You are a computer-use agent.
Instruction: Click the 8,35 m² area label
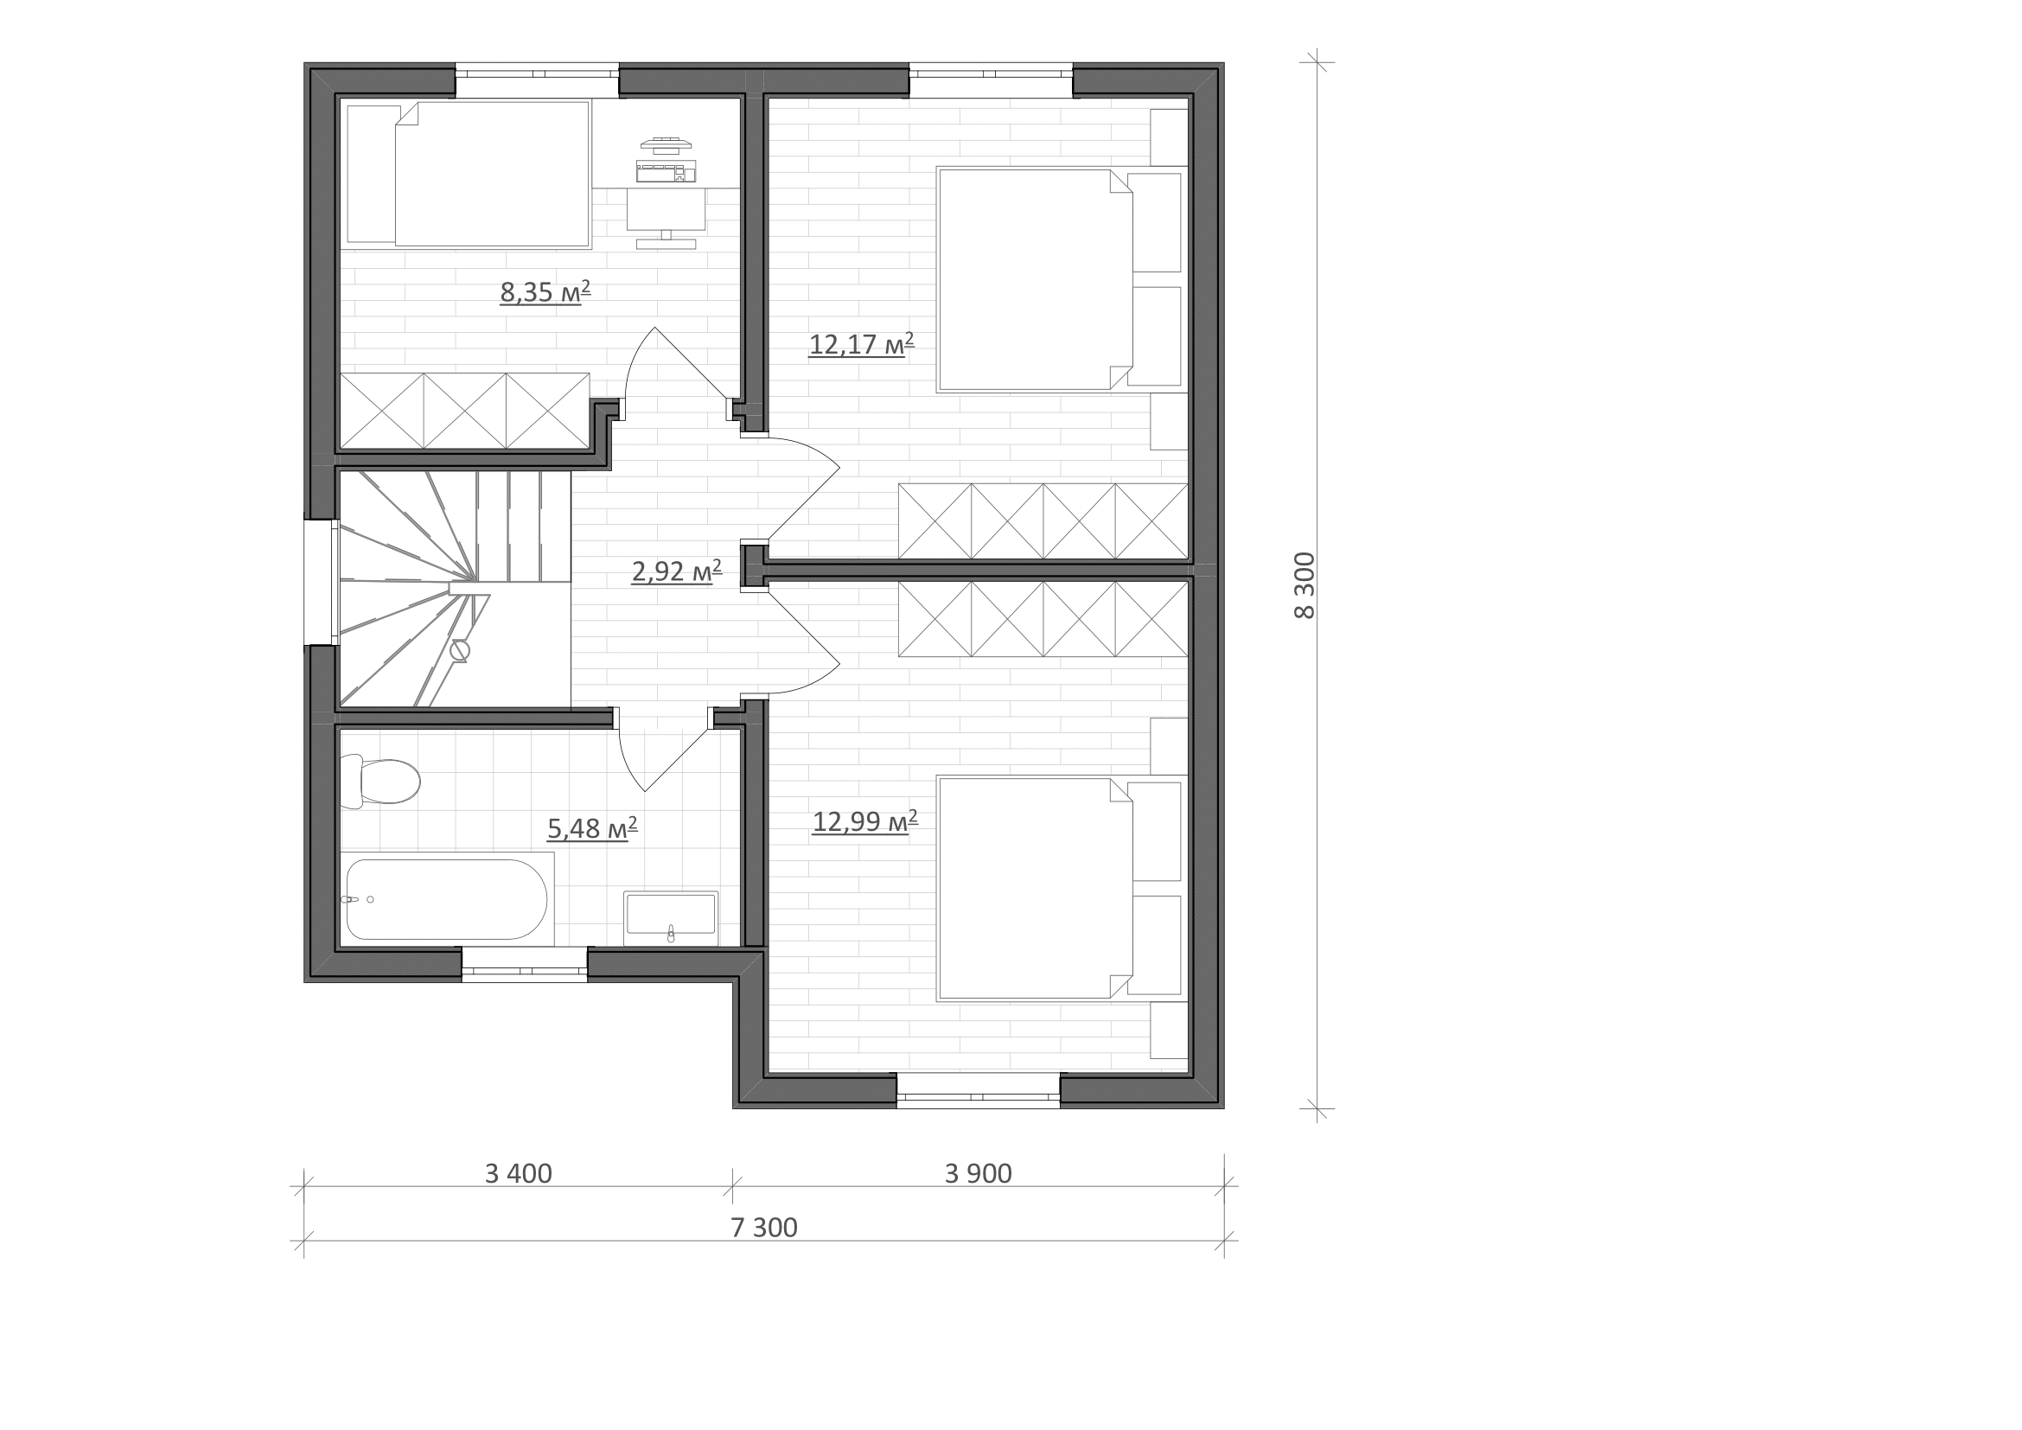(x=545, y=291)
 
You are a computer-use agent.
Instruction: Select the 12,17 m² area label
(x=861, y=343)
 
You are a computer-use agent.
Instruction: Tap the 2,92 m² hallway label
(x=676, y=571)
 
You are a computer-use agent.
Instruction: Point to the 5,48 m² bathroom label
(x=592, y=827)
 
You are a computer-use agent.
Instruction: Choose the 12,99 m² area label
(x=864, y=821)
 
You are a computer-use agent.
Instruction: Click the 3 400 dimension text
(x=518, y=1174)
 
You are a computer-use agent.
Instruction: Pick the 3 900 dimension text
(x=978, y=1174)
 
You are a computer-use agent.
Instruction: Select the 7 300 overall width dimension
(x=763, y=1228)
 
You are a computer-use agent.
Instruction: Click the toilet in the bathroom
(x=380, y=781)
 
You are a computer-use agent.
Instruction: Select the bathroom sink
(x=670, y=917)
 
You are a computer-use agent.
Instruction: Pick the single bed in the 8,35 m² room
(x=468, y=174)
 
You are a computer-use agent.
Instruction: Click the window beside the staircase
(x=321, y=582)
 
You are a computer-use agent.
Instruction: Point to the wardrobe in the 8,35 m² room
(x=465, y=412)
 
